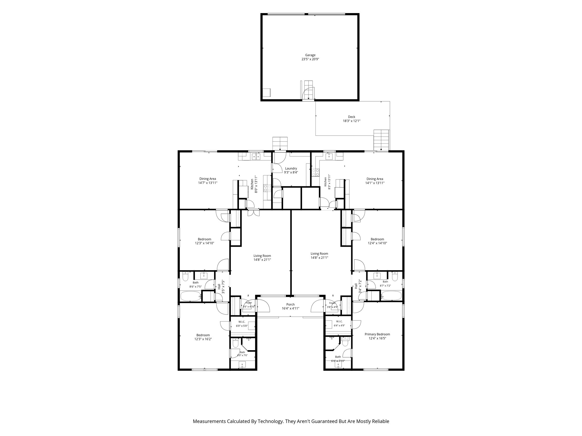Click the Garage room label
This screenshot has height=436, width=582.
(310, 55)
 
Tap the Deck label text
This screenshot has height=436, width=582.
(352, 117)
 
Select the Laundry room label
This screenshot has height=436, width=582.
(291, 168)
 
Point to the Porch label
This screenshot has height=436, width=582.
(290, 305)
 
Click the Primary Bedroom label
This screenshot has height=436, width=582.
(377, 334)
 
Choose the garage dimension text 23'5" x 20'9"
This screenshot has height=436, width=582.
(310, 59)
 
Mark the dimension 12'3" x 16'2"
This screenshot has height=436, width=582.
(203, 339)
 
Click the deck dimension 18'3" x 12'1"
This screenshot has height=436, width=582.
(352, 121)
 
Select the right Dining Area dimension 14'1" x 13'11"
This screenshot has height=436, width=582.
(375, 183)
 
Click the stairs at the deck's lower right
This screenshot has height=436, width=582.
(381, 140)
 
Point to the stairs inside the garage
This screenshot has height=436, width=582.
(309, 90)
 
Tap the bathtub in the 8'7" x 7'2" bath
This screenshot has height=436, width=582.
(391, 295)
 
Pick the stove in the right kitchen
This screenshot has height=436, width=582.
(315, 172)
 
